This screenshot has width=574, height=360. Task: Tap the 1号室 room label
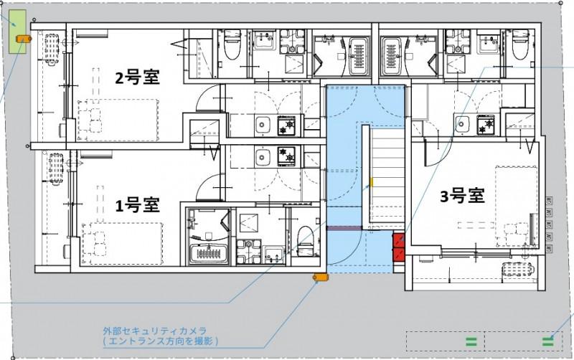click(x=137, y=206)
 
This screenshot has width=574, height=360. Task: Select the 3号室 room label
click(x=461, y=196)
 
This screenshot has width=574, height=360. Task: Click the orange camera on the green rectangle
click(x=21, y=38)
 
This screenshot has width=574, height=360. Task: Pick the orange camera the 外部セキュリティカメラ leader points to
click(x=319, y=277)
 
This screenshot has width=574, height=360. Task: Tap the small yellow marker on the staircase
click(x=372, y=182)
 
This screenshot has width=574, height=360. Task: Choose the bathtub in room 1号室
click(x=207, y=253)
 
